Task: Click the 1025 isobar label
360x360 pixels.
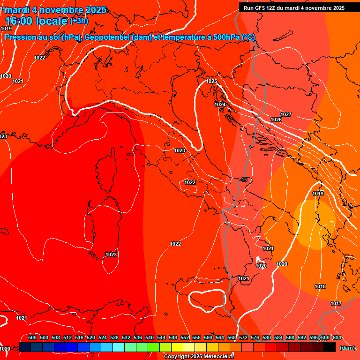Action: coord(212,82)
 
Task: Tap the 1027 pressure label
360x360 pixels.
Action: coord(286,115)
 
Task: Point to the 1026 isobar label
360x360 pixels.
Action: coord(276,120)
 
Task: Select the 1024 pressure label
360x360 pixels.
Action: coord(220,105)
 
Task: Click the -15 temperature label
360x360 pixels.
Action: coord(243,180)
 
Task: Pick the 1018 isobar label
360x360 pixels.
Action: coord(320,287)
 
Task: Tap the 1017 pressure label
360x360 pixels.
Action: coord(336,304)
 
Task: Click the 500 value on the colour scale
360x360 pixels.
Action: coord(32,337)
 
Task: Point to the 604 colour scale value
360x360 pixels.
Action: coord(337,337)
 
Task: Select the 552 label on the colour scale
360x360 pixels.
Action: coord(185,337)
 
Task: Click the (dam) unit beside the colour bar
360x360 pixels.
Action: coord(347,348)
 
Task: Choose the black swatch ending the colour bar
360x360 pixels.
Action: coord(330,347)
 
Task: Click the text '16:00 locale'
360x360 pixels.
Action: coord(37,21)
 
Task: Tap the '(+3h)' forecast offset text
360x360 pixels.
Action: coord(79,21)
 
